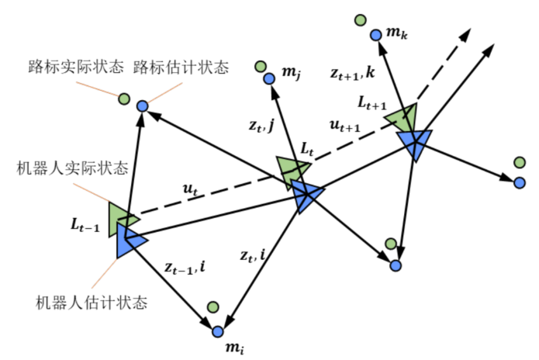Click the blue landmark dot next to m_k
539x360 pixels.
coord(375,34)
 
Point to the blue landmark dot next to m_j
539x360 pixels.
coord(268,78)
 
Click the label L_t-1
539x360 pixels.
coord(85,226)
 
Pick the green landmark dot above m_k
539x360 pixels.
coord(360,20)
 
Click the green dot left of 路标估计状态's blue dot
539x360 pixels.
coord(123,99)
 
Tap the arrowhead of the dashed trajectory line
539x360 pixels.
coord(468,33)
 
